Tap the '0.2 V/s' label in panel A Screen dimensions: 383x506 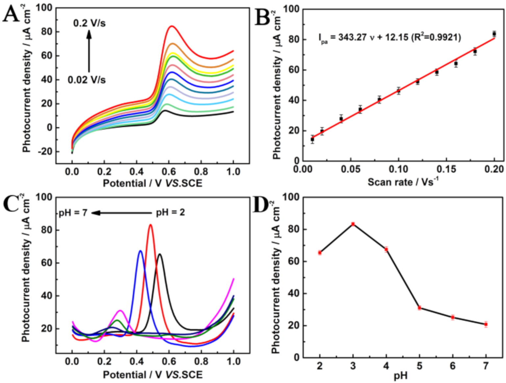pos(89,23)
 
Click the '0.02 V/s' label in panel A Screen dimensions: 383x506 pos(87,80)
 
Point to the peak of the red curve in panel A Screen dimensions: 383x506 pos(171,26)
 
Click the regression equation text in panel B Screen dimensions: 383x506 pos(390,38)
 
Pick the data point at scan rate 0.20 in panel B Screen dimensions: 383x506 pos(494,34)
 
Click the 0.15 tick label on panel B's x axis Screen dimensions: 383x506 pos(446,169)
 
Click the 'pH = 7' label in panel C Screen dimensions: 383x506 pos(73,213)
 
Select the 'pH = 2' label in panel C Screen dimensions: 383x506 pos(170,213)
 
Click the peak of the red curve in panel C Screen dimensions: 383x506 pos(150,225)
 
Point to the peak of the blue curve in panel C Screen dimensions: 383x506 pos(140,251)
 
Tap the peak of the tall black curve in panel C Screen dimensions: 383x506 pos(160,254)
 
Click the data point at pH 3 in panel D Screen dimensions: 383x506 pos(353,224)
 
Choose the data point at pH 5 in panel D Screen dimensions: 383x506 pos(419,308)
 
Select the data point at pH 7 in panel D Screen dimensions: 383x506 pos(486,324)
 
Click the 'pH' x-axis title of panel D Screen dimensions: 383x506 pos(400,375)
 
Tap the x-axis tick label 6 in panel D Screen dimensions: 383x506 pos(453,366)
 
